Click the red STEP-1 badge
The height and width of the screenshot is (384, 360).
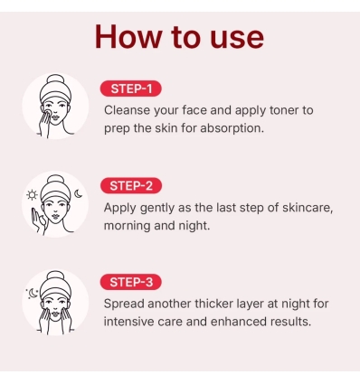pyautogui.click(x=132, y=89)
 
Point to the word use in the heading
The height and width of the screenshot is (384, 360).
pyautogui.click(x=233, y=38)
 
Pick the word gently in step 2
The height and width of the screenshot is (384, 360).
pyautogui.click(x=168, y=207)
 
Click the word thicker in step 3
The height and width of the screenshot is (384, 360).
pyautogui.click(x=228, y=304)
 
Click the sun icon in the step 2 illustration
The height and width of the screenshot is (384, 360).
pyautogui.click(x=33, y=195)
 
